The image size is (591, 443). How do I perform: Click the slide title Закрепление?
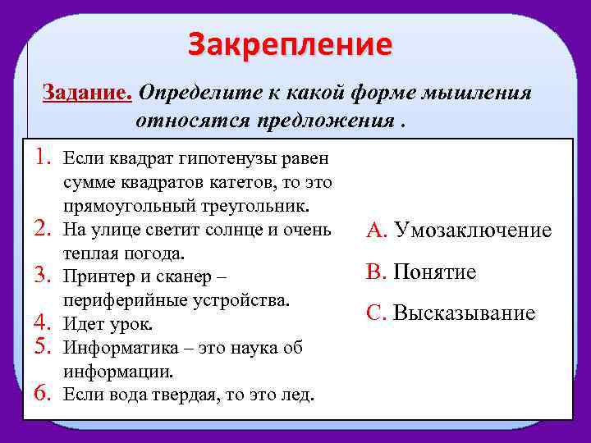[x=290, y=44]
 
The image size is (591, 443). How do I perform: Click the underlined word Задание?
[x=87, y=93]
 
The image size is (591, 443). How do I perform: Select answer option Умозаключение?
[x=472, y=231]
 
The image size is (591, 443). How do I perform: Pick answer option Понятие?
[x=434, y=272]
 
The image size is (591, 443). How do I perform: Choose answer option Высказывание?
[x=464, y=313]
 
